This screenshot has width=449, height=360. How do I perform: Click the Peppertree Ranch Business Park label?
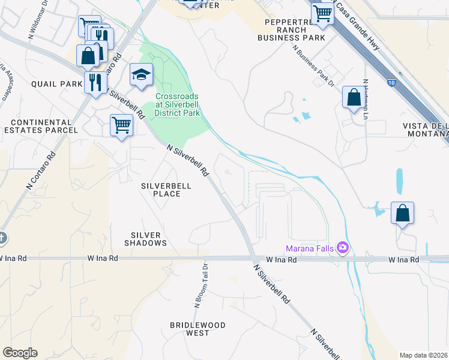click(291, 29)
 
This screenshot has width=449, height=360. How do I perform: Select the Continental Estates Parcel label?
click(40, 126)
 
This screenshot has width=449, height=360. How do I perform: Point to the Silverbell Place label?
click(166, 190)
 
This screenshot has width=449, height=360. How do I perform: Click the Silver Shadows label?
click(145, 239)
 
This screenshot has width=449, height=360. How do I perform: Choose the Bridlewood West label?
click(197, 329)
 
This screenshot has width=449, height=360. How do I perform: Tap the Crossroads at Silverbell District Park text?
click(176, 104)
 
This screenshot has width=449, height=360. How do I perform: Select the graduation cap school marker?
click(141, 75)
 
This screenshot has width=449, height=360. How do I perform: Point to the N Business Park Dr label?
click(313, 67)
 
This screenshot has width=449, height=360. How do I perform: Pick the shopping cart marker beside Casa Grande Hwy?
click(322, 13)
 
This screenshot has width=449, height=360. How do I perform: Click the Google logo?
click(20, 353)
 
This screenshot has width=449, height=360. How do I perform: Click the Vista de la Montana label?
click(424, 131)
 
